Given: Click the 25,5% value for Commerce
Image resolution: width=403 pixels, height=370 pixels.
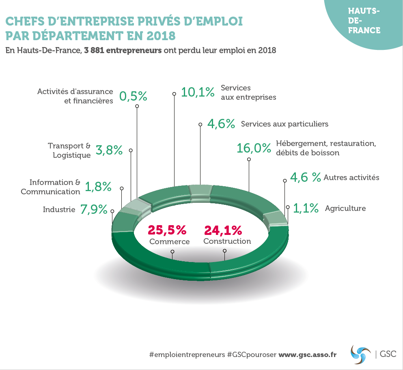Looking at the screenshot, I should pyautogui.click(x=167, y=230).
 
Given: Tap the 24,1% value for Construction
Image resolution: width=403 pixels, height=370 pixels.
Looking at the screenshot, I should pyautogui.click(x=223, y=230).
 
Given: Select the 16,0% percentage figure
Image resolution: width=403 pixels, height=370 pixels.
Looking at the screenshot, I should pyautogui.click(x=254, y=148).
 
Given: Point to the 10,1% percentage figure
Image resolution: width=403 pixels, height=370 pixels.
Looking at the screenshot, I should pyautogui.click(x=198, y=92).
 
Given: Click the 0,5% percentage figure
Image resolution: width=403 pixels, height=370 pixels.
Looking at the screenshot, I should pyautogui.click(x=133, y=96).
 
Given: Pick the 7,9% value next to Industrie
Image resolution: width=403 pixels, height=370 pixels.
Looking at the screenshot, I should pyautogui.click(x=94, y=209).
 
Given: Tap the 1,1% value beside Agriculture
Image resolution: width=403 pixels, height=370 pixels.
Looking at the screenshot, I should pyautogui.click(x=306, y=208).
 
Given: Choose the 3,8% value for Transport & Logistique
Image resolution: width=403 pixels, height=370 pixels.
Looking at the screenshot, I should pyautogui.click(x=109, y=150).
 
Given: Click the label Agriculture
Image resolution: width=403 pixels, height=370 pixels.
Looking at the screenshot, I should pyautogui.click(x=345, y=208).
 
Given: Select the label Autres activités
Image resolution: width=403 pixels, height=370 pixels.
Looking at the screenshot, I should pyautogui.click(x=351, y=177).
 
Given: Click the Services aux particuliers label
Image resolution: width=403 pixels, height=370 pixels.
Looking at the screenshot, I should pyautogui.click(x=284, y=124).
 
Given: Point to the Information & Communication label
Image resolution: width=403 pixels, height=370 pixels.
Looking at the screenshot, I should pyautogui.click(x=51, y=187).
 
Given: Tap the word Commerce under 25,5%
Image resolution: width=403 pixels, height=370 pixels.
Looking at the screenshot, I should pyautogui.click(x=170, y=241).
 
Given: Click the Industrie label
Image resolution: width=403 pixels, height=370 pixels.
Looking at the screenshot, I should pyautogui.click(x=59, y=209).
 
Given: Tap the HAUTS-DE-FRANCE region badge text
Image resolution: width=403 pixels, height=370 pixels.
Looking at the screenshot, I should pyautogui.click(x=364, y=21).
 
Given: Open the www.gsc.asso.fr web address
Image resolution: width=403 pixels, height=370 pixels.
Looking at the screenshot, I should pyautogui.click(x=307, y=354).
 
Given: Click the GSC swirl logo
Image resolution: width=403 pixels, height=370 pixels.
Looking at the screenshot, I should pyautogui.click(x=360, y=353).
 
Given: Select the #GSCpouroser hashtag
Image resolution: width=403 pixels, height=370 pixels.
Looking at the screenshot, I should pyautogui.click(x=252, y=354).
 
